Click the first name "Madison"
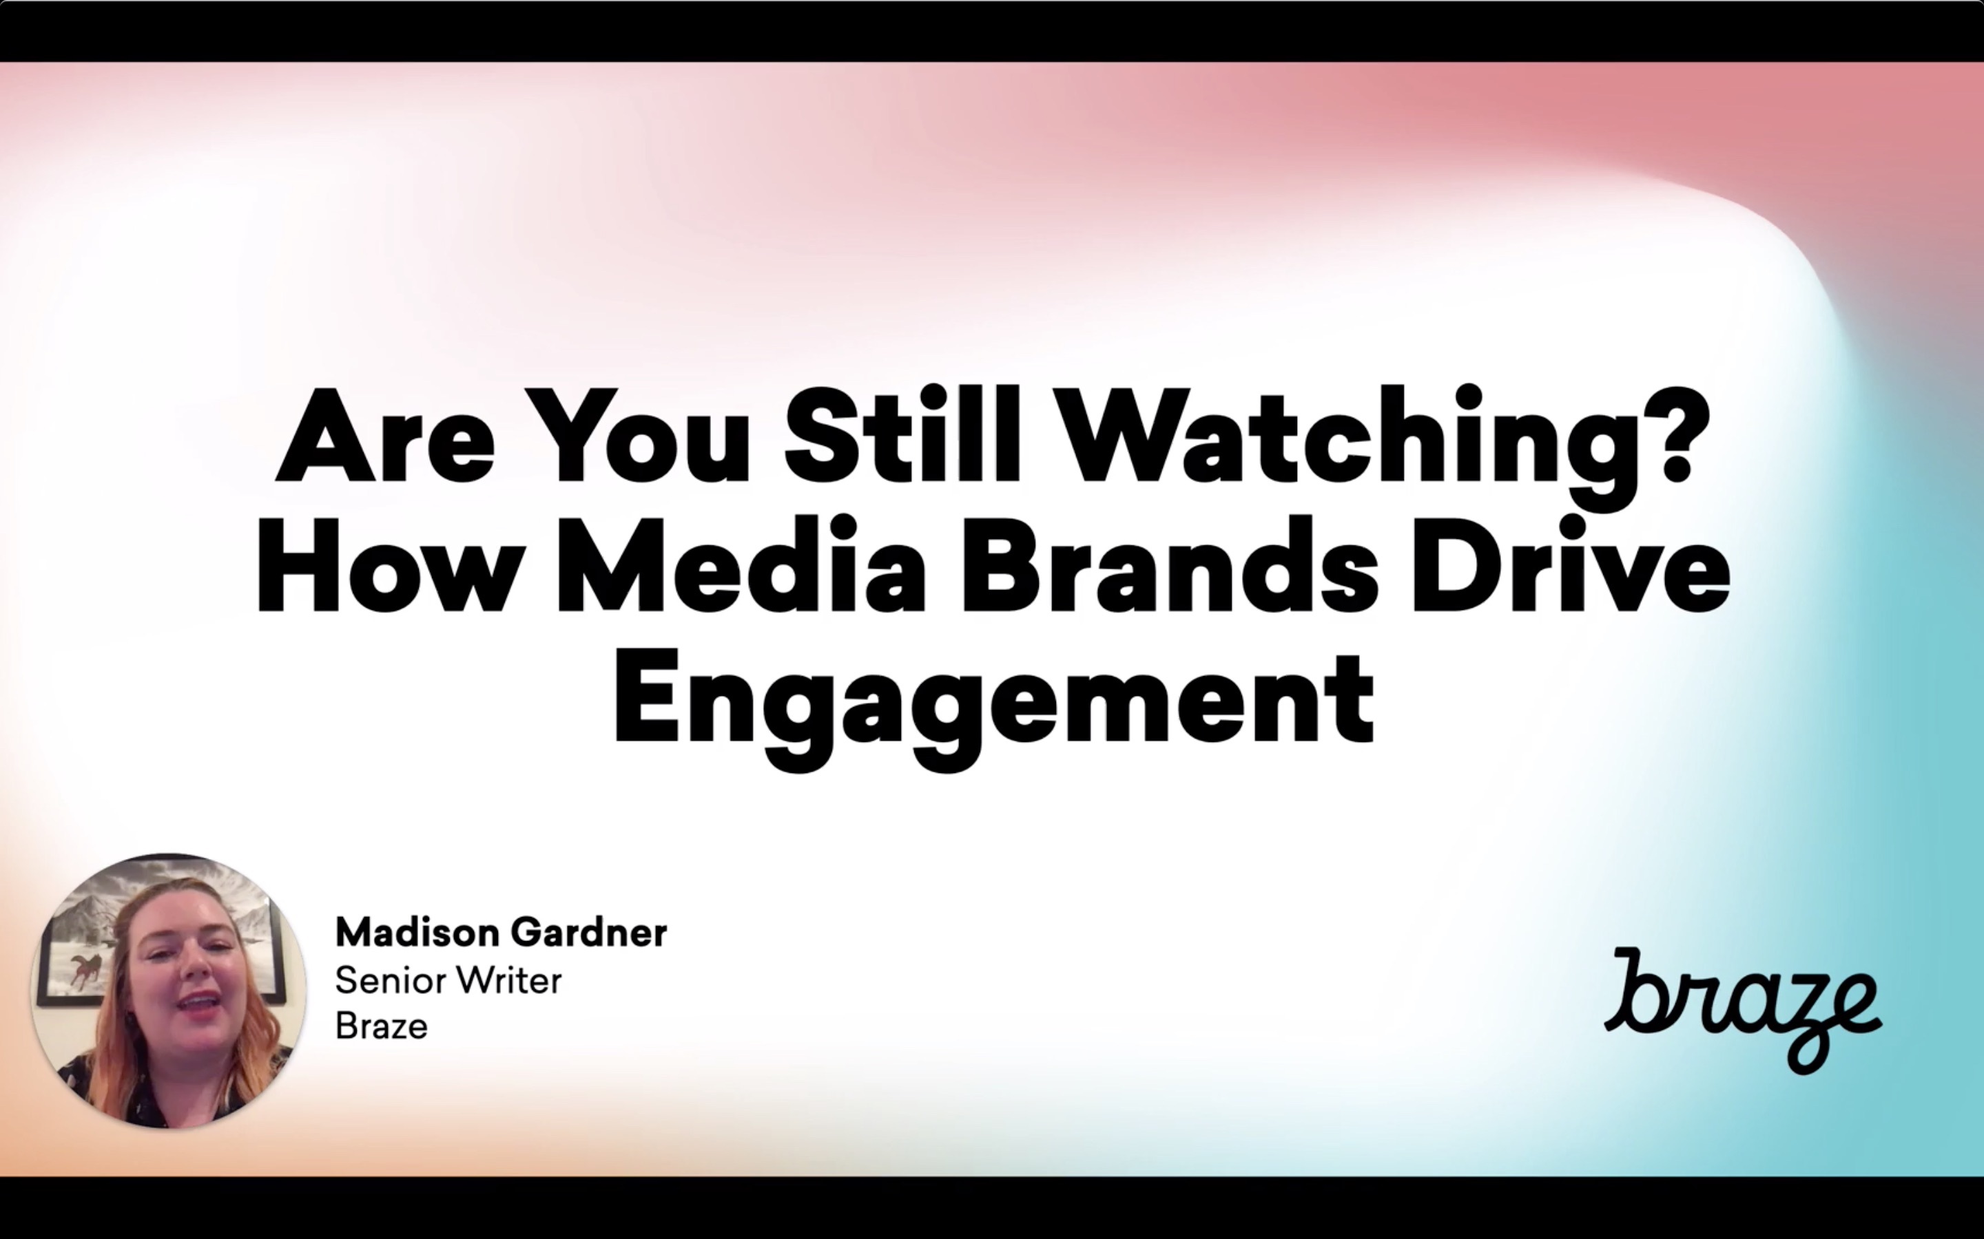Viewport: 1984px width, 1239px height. [x=417, y=933]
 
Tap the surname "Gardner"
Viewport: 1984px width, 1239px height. [x=588, y=933]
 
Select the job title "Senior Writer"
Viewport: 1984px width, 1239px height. [x=448, y=980]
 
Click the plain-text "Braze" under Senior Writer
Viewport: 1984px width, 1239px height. [x=381, y=1026]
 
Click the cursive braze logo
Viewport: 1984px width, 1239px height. [x=1743, y=1010]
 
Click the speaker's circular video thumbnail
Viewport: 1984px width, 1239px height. [x=169, y=991]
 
